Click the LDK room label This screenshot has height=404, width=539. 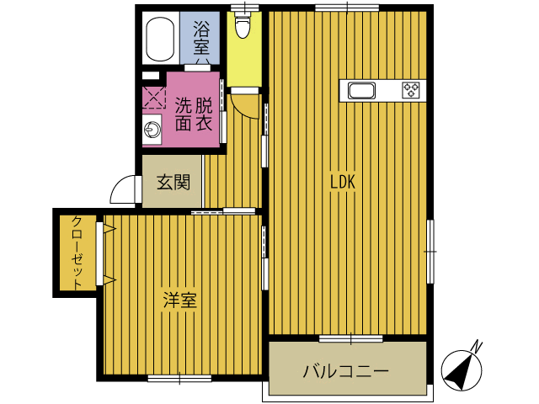coord(343,182)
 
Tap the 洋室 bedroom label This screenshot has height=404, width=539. coord(179,300)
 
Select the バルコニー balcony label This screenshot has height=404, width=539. coord(345,371)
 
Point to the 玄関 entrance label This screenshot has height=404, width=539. coord(173,182)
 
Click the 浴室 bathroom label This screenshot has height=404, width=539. coord(201,38)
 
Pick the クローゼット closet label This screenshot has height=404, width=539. coord(77,253)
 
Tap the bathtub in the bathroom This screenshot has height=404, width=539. coord(160,39)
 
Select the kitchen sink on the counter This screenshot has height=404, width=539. coord(361,91)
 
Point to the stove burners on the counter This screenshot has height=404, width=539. coord(411,90)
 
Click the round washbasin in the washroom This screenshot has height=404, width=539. coord(152,130)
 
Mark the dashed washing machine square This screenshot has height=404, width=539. coord(153,98)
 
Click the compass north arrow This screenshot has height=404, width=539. coord(462,370)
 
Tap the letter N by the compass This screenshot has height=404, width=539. coord(478,347)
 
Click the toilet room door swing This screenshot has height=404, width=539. coord(244,107)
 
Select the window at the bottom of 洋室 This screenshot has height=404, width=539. coord(179,378)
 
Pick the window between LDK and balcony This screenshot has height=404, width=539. coord(350,338)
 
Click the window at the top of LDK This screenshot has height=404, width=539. coord(347,8)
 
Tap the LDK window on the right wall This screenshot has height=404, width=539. coord(430,252)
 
